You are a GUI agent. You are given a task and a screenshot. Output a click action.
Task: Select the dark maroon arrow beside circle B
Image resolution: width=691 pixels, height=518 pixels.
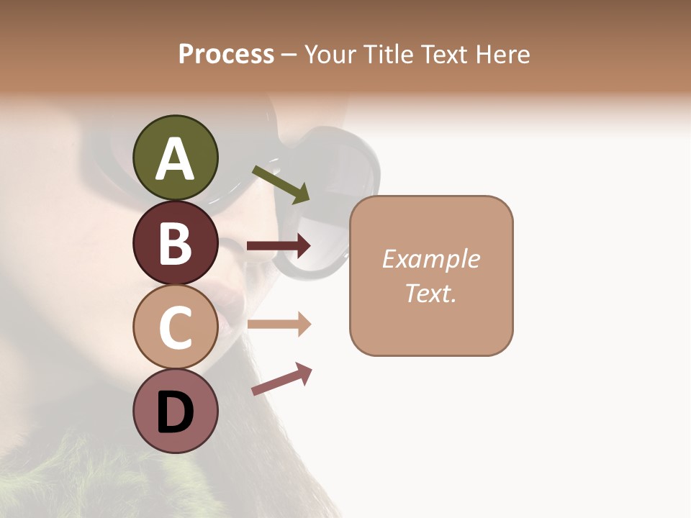279,246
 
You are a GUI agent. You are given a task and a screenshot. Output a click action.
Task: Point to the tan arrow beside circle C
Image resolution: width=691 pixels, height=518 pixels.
279,324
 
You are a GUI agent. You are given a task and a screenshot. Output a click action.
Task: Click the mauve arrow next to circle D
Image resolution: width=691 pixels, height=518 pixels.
281,379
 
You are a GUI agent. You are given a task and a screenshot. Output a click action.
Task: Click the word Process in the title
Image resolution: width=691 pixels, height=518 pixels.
226,55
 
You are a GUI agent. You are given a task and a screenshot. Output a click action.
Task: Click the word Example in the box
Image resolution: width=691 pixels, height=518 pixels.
430,259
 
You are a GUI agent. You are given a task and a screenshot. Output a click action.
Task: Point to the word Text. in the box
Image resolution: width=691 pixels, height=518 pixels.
430,293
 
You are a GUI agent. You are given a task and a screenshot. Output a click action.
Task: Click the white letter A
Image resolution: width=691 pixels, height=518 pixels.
175,160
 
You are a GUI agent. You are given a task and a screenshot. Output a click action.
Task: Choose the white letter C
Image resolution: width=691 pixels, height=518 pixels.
175,327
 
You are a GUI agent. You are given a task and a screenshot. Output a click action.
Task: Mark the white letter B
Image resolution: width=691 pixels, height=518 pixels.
175,243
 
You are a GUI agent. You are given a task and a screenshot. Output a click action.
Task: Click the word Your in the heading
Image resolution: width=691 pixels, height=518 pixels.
330,55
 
